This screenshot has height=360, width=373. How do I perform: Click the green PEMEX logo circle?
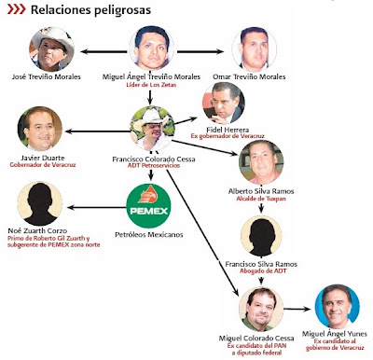148,206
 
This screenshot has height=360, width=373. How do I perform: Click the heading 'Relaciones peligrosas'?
90,9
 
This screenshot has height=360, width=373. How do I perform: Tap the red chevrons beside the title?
16,9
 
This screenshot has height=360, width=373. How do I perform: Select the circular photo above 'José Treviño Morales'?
51,49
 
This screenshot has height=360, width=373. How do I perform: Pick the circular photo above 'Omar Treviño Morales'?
254,49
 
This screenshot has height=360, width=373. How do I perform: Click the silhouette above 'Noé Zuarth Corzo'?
40,203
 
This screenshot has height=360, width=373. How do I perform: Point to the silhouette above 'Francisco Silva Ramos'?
261,236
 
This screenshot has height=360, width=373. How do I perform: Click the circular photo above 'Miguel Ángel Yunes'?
338,306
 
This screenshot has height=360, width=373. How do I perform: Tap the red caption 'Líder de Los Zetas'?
151,85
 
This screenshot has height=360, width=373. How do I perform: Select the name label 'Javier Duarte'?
43,158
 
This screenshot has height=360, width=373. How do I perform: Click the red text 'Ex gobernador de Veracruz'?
228,136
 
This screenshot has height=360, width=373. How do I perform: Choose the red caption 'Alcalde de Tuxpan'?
261,199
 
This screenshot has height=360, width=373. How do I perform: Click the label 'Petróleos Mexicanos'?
149,234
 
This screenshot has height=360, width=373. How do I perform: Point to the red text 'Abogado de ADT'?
263,271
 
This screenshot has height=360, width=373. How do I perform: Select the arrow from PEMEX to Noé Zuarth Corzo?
97,207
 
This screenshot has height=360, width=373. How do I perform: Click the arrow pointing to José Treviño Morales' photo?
104,51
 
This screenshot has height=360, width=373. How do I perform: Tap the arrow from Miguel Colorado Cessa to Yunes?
297,309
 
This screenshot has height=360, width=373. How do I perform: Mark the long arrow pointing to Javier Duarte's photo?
97,132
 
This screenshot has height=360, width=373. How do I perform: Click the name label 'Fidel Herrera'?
228,130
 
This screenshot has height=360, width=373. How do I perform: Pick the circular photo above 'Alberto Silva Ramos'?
261,162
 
